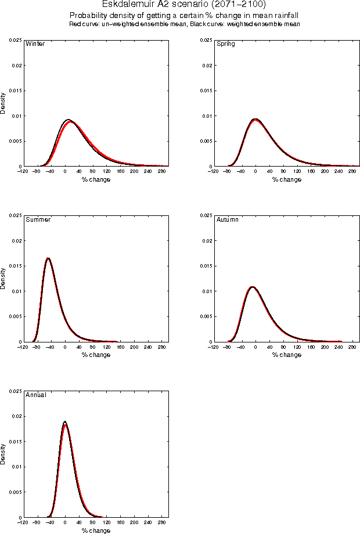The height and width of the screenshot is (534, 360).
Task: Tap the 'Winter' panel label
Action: (x=35, y=44)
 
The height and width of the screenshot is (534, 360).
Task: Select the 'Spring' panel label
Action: (x=226, y=44)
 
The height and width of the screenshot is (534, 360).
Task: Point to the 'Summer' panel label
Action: (x=38, y=219)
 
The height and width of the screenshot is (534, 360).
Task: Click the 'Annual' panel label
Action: (x=36, y=395)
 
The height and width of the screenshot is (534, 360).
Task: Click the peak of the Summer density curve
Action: (x=48, y=258)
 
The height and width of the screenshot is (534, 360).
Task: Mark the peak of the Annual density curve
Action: (x=64, y=422)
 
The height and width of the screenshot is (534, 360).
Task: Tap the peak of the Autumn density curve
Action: (x=252, y=286)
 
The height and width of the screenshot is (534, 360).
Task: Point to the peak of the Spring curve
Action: (x=255, y=119)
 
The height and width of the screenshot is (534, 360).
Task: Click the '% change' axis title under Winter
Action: (x=96, y=179)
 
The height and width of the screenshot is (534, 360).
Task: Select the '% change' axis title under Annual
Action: (x=96, y=531)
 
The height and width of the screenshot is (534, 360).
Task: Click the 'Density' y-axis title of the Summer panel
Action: (x=3, y=279)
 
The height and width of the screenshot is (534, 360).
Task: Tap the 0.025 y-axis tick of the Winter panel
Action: (x=15, y=40)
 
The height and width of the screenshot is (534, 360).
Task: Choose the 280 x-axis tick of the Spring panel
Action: (x=352, y=172)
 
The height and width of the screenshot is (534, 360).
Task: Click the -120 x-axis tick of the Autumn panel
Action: (x=214, y=347)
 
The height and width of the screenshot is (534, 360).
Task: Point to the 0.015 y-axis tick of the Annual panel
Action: (x=15, y=441)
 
